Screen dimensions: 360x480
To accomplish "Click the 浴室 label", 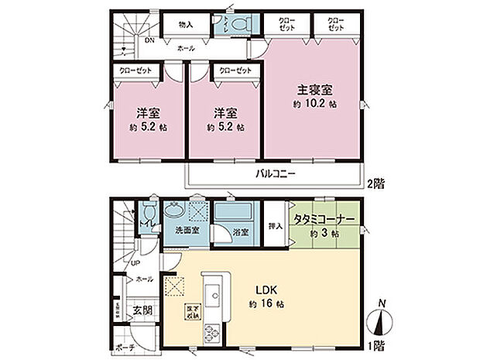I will point(240,231).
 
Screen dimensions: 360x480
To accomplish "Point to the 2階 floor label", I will point(376,183).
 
